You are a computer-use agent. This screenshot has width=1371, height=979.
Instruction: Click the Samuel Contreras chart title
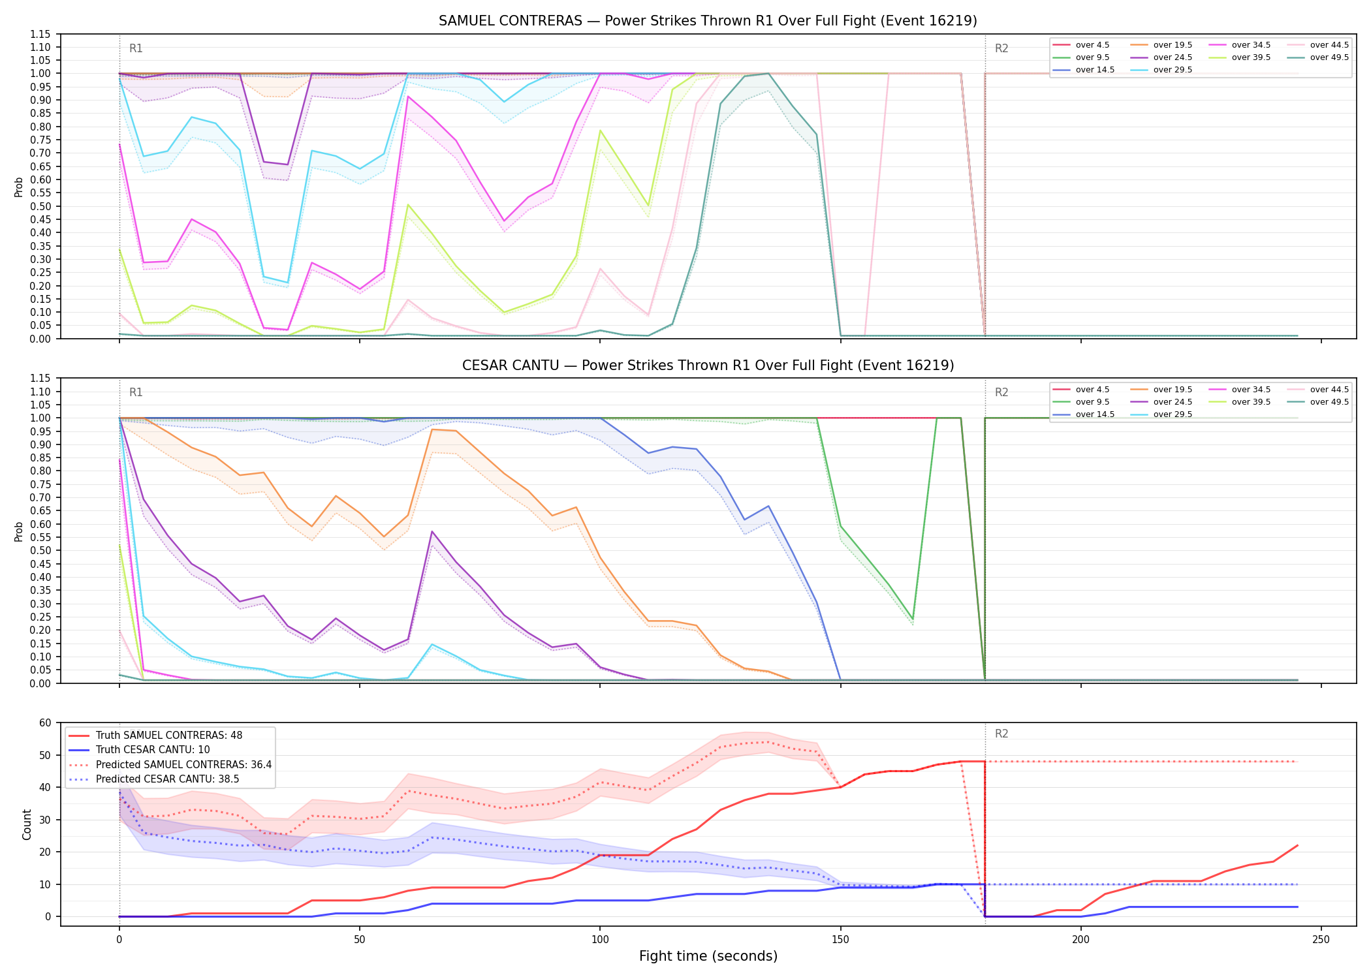point(708,21)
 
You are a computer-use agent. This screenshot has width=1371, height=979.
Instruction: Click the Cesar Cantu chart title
point(708,365)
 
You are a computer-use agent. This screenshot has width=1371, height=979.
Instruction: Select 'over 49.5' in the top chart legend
point(1329,57)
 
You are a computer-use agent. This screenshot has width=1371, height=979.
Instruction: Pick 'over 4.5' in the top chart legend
point(1092,45)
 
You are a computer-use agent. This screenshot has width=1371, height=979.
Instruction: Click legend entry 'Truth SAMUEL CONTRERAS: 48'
point(169,736)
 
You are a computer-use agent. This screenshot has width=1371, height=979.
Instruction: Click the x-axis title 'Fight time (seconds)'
point(708,956)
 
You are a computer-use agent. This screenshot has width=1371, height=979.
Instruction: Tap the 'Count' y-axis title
point(27,824)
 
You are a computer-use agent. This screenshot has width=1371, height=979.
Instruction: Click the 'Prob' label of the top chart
point(19,187)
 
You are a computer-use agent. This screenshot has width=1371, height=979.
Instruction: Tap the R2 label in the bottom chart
point(1001,734)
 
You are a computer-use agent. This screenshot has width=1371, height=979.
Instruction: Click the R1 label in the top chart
point(136,48)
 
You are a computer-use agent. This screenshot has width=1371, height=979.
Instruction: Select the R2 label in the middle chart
point(1001,392)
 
